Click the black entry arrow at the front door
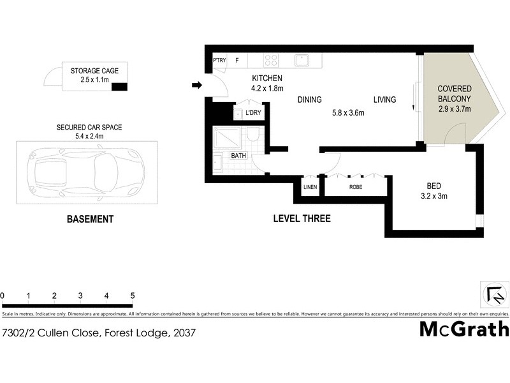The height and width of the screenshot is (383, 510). [x=197, y=85]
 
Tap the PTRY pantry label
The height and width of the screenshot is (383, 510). [x=219, y=61]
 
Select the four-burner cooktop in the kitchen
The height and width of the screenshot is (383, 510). [x=271, y=61]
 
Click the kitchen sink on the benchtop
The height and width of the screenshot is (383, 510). [x=302, y=61]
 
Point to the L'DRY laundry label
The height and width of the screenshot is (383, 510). [x=253, y=113]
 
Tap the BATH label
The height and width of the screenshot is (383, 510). [x=238, y=155]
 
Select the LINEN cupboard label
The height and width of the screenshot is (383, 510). [x=310, y=187]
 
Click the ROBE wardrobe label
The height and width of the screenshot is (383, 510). [x=355, y=187]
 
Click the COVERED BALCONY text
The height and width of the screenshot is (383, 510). [x=454, y=94]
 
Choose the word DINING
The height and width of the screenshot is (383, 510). [x=309, y=100]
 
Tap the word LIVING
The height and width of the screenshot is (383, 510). [x=384, y=100]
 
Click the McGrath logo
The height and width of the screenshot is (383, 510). [x=464, y=329]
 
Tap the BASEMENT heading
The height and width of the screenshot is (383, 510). [x=90, y=219]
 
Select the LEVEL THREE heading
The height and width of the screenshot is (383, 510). [x=302, y=219]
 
